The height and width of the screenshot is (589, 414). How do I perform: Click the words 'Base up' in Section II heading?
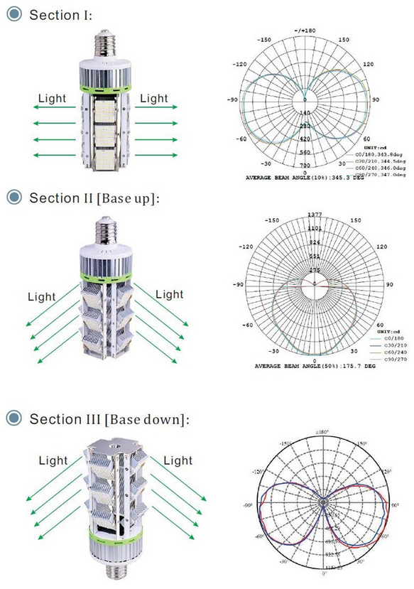click(132, 197)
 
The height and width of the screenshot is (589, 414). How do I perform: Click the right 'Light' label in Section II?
click(169, 293)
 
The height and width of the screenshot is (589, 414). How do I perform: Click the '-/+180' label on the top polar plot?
click(306, 31)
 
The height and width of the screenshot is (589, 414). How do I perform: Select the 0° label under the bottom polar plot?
click(325, 573)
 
